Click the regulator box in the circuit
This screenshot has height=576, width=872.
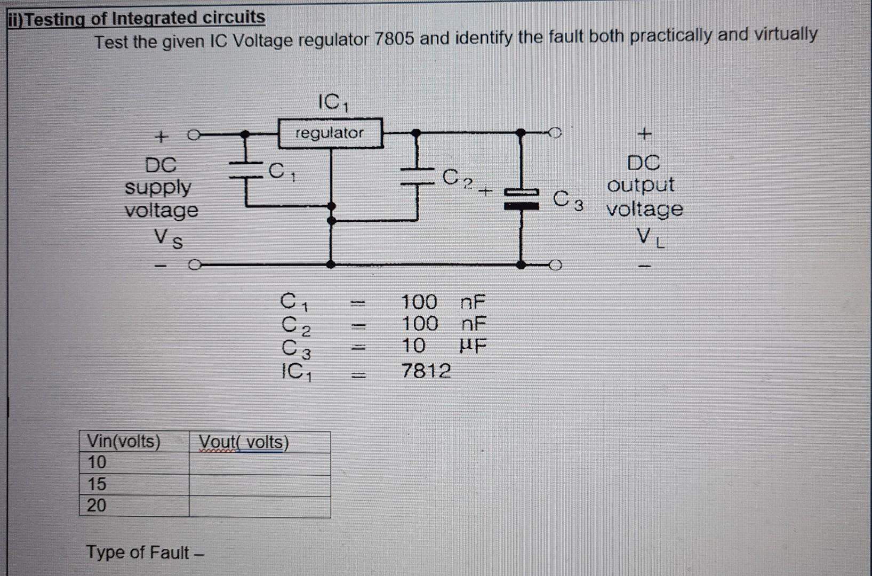(x=331, y=133)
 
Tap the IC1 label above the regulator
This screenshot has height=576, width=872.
(x=333, y=102)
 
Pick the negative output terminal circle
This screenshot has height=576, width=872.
(x=556, y=265)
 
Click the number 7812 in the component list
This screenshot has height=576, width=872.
(x=426, y=371)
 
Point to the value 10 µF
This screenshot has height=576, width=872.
(x=444, y=346)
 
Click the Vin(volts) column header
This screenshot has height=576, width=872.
(x=124, y=442)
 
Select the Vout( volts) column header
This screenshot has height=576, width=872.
(x=244, y=443)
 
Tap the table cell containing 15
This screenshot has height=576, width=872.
(x=97, y=484)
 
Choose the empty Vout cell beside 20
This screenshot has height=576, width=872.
(x=260, y=506)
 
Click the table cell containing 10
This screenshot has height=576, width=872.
(x=97, y=462)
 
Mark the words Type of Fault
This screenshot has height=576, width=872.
(x=138, y=553)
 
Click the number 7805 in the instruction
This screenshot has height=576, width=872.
(x=394, y=39)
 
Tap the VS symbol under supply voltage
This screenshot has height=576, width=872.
(x=168, y=238)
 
